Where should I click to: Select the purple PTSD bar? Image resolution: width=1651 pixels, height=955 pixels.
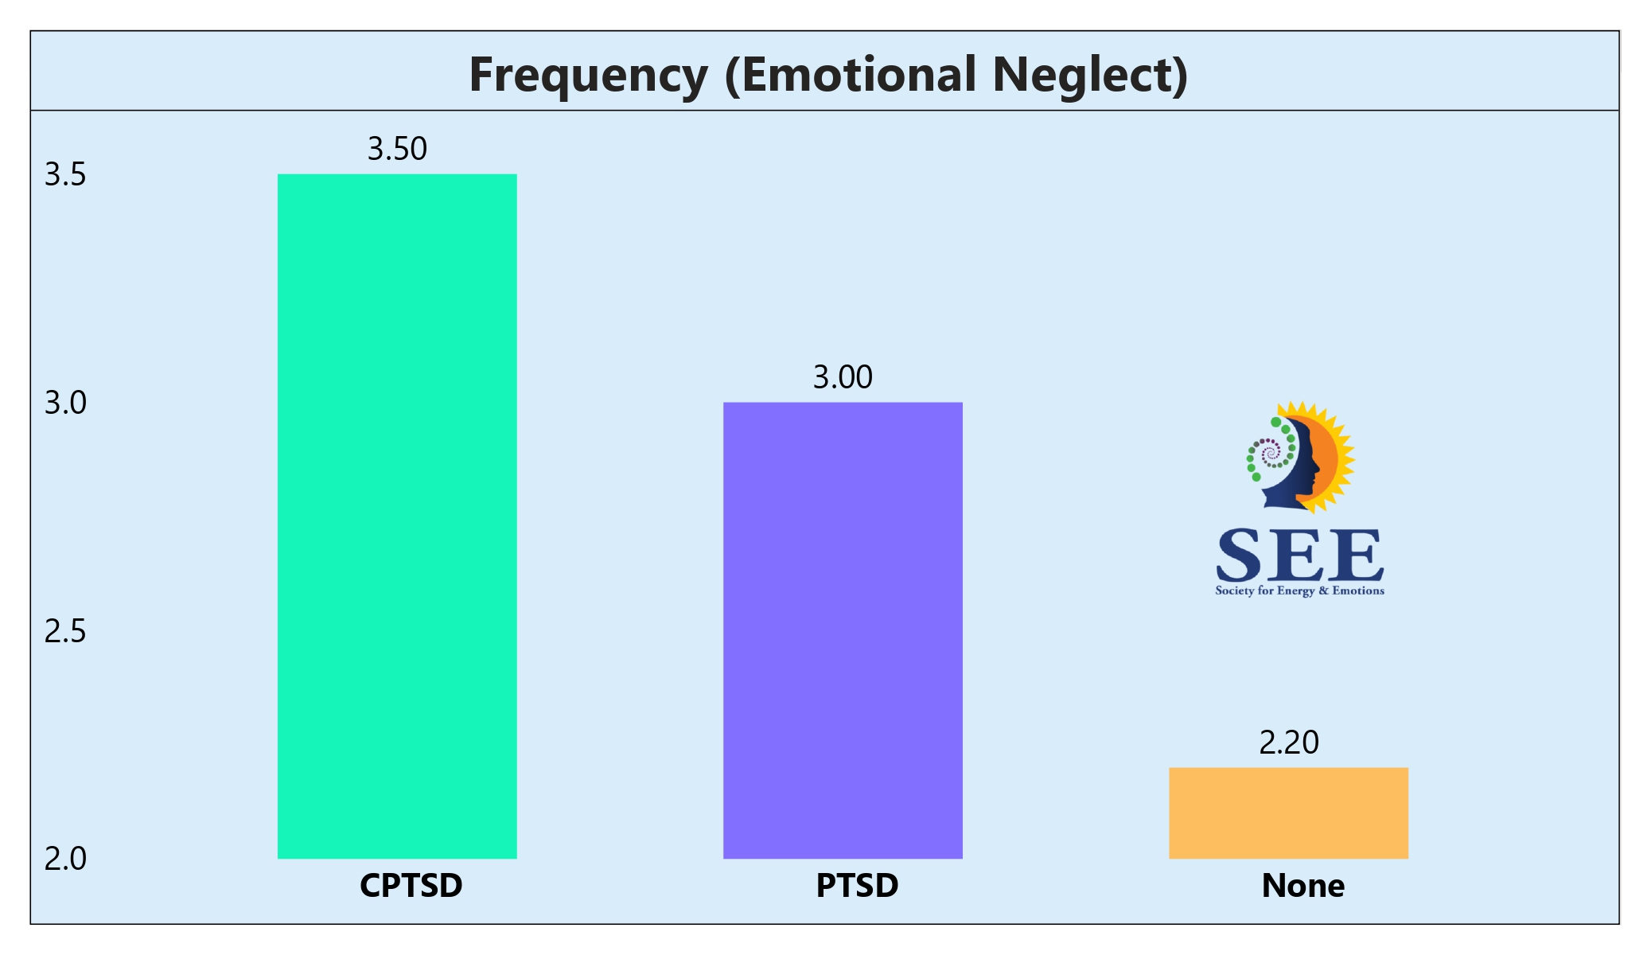click(x=843, y=630)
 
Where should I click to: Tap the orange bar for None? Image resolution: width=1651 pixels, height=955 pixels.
click(x=1288, y=813)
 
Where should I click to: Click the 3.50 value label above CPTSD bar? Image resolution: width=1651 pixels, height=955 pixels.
click(x=397, y=149)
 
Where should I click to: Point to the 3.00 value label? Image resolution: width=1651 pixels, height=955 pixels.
click(x=843, y=377)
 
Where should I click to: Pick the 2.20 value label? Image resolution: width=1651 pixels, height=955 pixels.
click(x=1288, y=743)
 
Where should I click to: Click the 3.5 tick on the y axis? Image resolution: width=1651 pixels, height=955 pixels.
click(x=65, y=174)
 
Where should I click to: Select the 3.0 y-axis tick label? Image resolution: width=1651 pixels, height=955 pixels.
click(x=65, y=403)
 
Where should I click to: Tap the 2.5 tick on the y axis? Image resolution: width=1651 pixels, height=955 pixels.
click(x=65, y=631)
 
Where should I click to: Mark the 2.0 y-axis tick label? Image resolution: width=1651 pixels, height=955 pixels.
click(x=65, y=859)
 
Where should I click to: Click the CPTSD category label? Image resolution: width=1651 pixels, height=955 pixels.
click(x=411, y=886)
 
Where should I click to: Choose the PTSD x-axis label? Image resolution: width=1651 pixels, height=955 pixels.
click(x=857, y=886)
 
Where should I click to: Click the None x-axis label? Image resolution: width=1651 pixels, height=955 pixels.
click(x=1302, y=886)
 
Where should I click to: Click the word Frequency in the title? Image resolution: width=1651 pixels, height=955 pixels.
click(x=588, y=76)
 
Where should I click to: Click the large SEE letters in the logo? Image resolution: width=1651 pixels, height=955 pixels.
click(x=1299, y=555)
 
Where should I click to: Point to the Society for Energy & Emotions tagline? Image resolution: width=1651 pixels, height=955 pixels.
click(x=1299, y=591)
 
